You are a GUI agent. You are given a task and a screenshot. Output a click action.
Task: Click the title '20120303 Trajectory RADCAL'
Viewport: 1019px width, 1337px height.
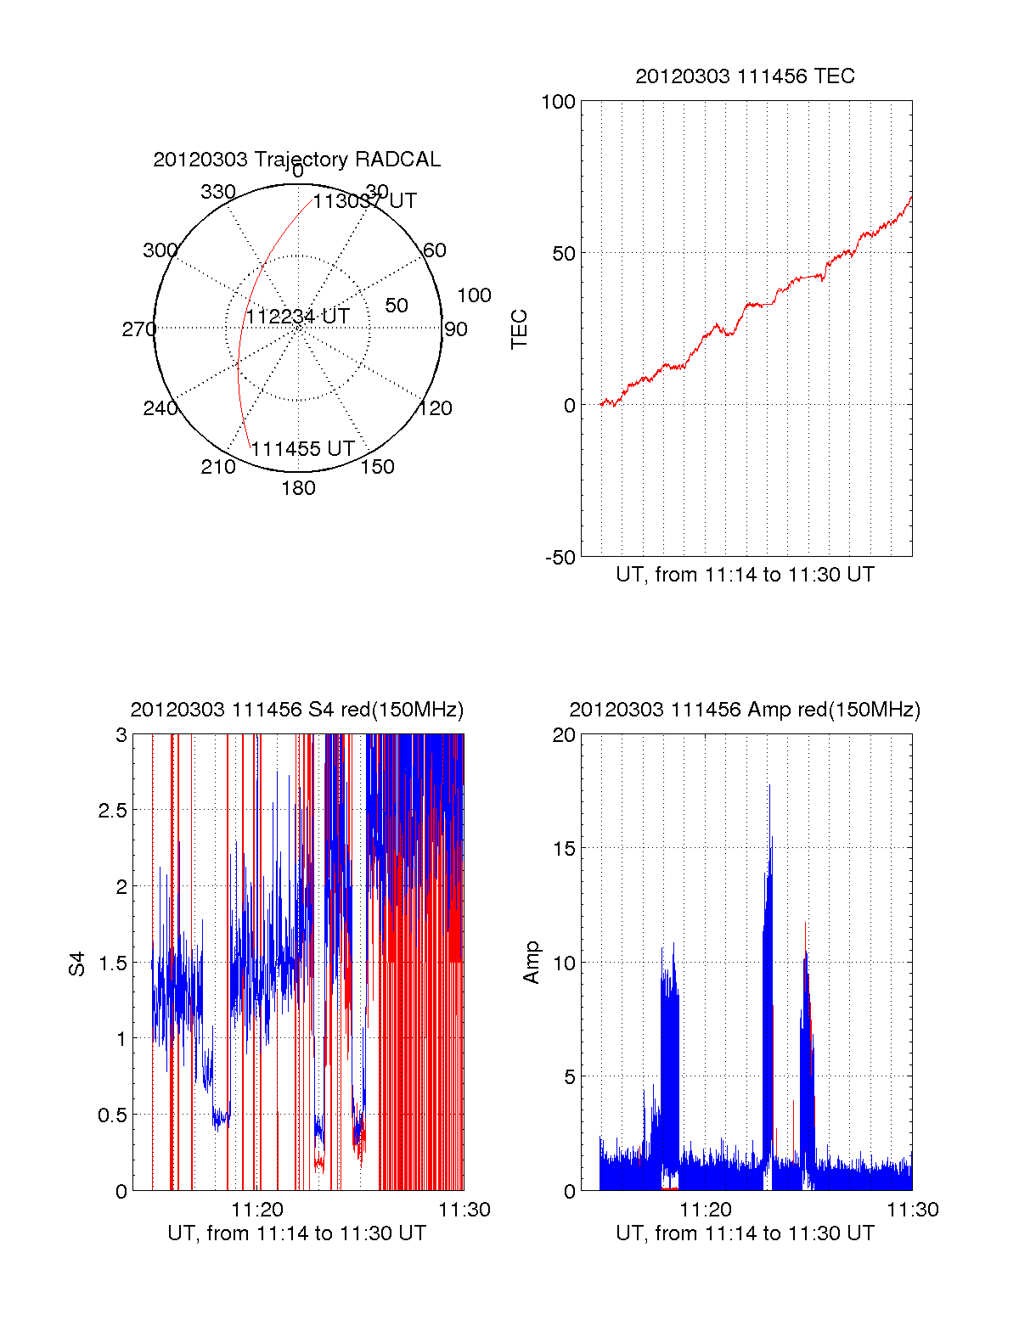(296, 160)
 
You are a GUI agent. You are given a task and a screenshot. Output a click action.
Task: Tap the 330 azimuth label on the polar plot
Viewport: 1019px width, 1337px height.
(217, 192)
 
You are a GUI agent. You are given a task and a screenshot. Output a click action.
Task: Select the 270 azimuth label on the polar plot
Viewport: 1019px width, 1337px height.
(138, 329)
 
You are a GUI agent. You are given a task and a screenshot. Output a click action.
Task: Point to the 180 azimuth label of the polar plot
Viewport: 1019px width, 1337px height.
(298, 488)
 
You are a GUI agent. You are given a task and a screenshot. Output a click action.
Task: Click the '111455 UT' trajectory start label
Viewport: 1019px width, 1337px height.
(302, 449)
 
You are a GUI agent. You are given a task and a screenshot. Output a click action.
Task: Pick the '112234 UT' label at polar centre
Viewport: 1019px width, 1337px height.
(297, 317)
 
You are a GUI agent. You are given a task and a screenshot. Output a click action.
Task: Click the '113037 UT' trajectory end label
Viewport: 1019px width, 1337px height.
(364, 201)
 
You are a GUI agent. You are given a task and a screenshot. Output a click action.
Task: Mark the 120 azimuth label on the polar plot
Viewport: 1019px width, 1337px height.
(435, 408)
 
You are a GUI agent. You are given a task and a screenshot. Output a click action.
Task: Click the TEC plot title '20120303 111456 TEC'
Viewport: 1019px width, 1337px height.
(745, 76)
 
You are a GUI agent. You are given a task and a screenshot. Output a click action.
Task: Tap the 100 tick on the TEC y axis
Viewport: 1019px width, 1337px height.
(558, 102)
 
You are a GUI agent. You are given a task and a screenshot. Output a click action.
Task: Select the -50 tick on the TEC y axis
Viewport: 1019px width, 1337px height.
(560, 558)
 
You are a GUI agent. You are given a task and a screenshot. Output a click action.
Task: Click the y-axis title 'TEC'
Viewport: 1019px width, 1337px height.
(519, 329)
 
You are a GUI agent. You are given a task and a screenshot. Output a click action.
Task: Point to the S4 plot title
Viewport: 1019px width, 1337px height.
(296, 710)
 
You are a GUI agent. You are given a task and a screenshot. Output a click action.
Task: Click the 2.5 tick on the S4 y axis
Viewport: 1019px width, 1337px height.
(112, 811)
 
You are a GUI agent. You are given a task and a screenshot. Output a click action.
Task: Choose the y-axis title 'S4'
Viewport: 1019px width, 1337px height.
(77, 963)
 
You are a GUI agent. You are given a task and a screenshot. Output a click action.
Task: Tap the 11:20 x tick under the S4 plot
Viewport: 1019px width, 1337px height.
(257, 1210)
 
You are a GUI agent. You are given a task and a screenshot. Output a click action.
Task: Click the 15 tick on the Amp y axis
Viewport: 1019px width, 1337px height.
(564, 849)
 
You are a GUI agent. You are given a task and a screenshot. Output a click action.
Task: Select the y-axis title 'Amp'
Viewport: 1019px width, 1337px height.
(532, 963)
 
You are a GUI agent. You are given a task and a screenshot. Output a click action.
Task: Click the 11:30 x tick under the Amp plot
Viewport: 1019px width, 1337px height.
(913, 1210)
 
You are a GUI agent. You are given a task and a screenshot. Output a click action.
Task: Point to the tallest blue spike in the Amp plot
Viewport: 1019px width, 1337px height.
(769, 786)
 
